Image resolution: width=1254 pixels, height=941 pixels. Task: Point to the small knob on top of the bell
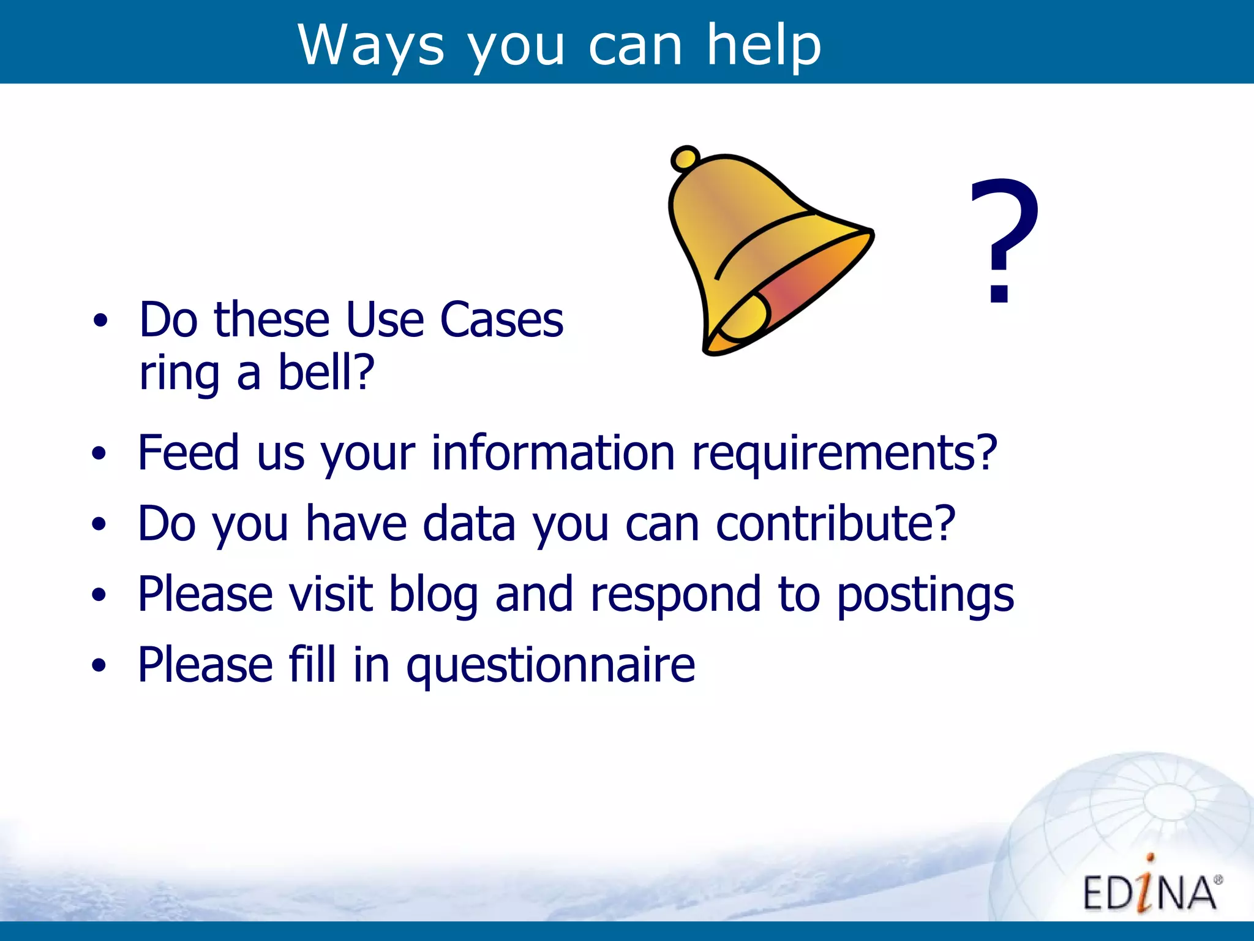[x=685, y=159]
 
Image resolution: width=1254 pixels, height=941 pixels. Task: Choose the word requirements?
[x=844, y=453]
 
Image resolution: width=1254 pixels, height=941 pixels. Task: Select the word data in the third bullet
[x=469, y=523]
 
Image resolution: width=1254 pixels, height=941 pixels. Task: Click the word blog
[x=434, y=594]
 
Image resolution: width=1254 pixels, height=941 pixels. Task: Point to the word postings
[x=925, y=594]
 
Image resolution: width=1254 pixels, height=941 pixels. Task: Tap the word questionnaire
[x=550, y=665]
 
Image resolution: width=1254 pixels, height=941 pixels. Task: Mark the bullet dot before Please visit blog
[x=99, y=594]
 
